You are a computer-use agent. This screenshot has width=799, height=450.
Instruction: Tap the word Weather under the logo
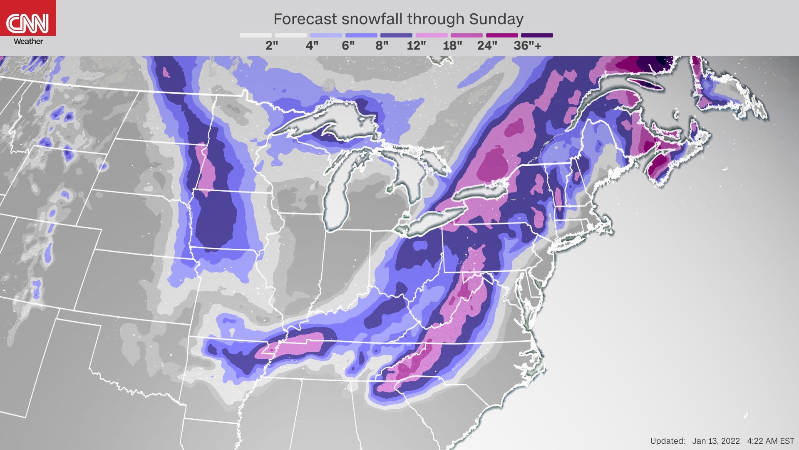[28, 41]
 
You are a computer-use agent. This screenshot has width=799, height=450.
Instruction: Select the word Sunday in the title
[496, 19]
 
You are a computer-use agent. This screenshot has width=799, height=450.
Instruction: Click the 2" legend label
[272, 46]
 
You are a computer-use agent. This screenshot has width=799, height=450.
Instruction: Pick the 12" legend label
[416, 46]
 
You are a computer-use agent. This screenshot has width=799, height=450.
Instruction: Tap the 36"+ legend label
[527, 46]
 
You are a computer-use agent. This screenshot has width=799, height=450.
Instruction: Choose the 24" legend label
[487, 46]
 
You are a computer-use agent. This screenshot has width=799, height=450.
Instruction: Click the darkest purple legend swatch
[537, 35]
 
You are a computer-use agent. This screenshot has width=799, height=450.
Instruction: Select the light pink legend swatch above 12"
[432, 35]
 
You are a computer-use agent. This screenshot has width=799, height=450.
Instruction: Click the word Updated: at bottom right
[667, 441]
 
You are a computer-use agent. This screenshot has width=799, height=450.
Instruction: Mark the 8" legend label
[382, 46]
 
